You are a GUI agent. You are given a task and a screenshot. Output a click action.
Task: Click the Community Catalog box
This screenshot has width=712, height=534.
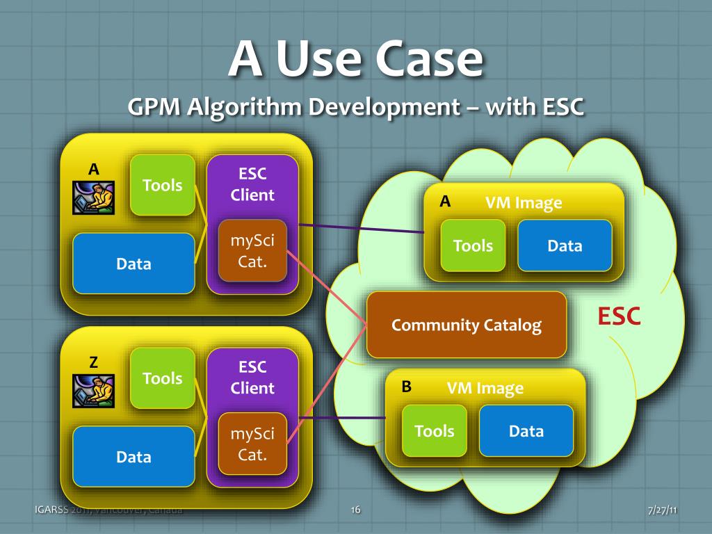click(467, 325)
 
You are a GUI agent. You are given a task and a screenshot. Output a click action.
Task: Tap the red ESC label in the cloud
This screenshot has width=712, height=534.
click(619, 316)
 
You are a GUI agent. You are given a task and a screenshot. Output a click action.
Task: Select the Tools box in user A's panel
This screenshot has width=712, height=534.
click(163, 185)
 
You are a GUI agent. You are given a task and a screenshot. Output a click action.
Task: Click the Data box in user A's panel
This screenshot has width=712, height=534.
click(133, 264)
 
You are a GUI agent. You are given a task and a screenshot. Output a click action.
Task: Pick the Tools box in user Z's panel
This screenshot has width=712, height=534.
click(163, 378)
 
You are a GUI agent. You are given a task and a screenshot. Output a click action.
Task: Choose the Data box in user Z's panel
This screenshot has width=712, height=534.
click(133, 457)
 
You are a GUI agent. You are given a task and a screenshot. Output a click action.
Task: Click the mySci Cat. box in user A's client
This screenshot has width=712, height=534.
click(252, 251)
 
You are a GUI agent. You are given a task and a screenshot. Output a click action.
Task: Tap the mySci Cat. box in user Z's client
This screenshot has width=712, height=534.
click(252, 444)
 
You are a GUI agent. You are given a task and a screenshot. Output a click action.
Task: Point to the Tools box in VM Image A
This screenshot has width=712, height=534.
click(473, 245)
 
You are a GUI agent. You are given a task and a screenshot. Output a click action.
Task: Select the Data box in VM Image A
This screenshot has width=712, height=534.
click(565, 245)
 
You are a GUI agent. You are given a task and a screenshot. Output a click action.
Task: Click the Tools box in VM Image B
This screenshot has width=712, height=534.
click(435, 431)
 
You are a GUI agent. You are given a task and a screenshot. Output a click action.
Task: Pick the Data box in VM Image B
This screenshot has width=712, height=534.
click(526, 431)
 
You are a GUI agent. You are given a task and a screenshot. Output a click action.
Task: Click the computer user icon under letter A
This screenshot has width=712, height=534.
click(93, 197)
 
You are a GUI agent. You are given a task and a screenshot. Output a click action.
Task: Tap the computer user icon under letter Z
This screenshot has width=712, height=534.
click(93, 391)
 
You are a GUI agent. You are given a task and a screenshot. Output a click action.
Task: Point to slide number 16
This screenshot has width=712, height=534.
click(355, 511)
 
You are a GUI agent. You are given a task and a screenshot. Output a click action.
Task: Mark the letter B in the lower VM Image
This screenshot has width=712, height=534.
click(407, 387)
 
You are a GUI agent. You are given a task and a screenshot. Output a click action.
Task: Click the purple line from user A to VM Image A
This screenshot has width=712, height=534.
click(362, 229)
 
